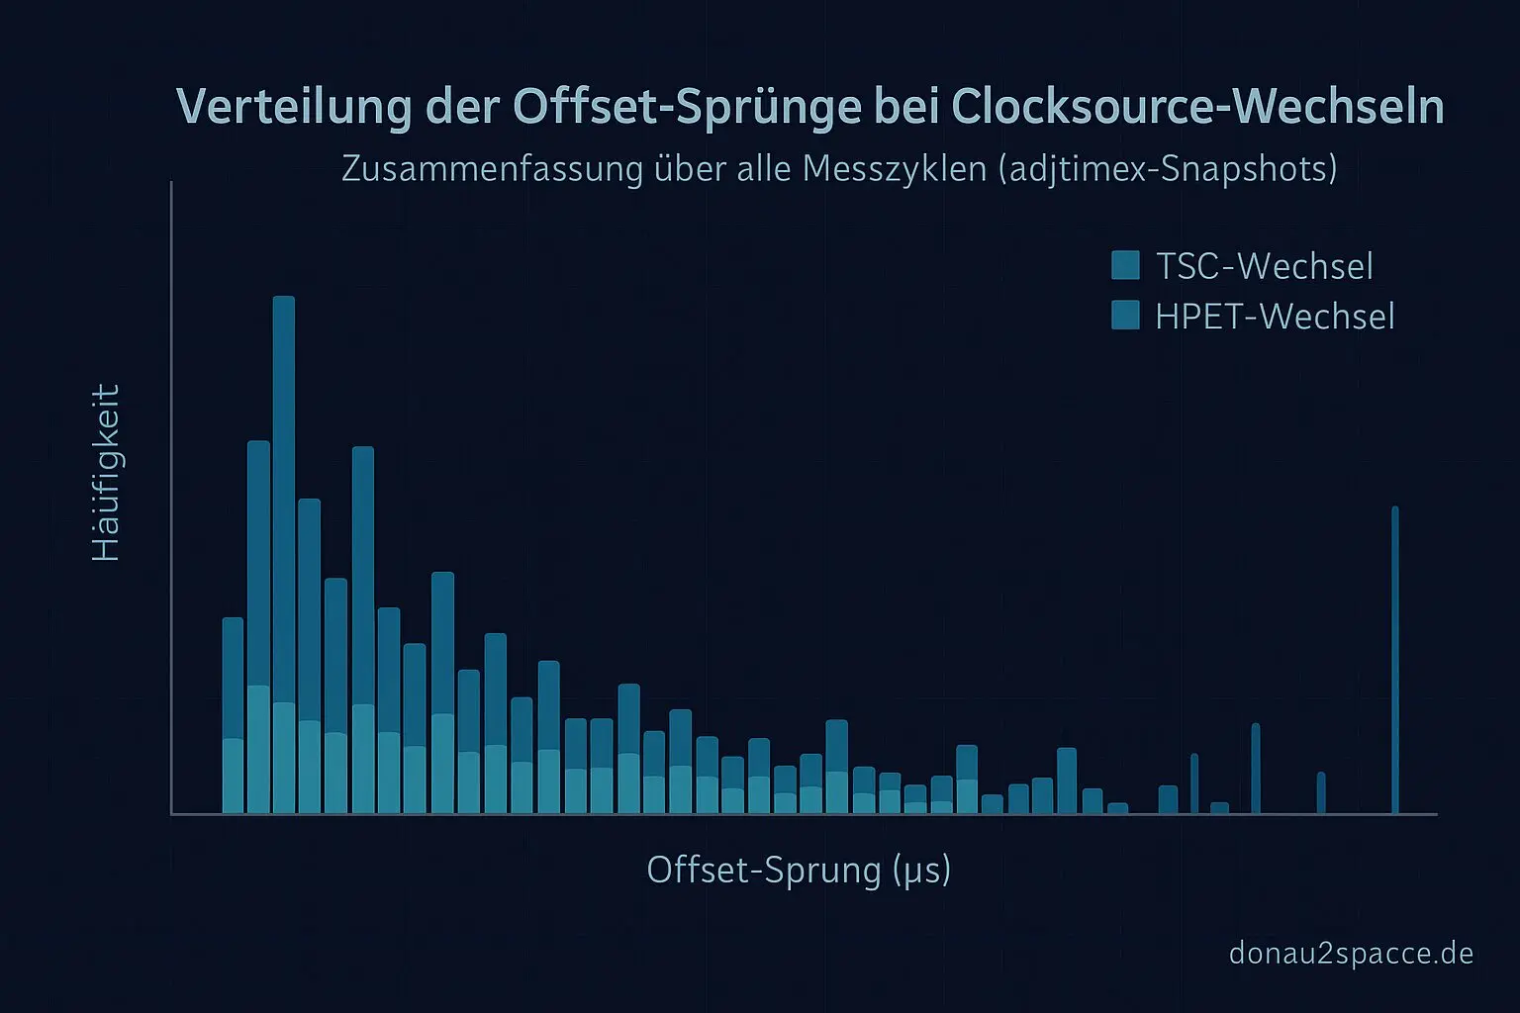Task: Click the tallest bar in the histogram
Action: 284,554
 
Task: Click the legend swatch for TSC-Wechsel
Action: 1125,265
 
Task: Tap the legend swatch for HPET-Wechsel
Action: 1125,316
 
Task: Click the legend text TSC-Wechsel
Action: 1264,266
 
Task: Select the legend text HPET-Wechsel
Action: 1275,317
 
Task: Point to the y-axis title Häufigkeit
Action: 106,473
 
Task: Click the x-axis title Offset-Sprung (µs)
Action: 799,871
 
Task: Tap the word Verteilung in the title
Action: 293,107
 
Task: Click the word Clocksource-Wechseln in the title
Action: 1197,107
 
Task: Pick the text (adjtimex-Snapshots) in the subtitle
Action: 1168,169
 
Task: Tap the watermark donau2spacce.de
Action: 1351,954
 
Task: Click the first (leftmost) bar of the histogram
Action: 233,715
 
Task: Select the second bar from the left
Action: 258,627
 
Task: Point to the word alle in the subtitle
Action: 764,169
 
